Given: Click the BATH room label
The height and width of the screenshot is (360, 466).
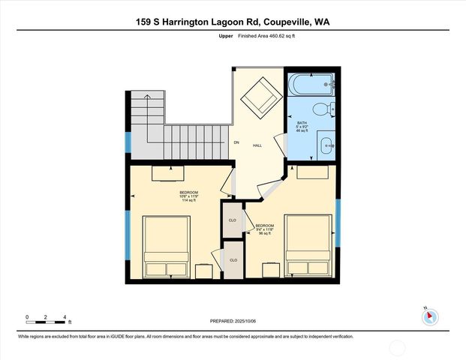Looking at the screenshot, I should [302, 127].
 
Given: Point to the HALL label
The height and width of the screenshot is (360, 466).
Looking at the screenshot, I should [257, 145].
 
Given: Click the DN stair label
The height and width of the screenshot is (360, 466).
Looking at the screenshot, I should [236, 142].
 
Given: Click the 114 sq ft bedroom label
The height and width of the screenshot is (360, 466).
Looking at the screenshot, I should [188, 196].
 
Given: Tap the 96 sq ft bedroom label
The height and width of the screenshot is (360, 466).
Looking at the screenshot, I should [265, 229].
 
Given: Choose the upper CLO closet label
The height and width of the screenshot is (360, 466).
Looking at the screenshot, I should [233, 220].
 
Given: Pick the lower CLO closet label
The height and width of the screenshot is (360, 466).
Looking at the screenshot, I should [233, 259].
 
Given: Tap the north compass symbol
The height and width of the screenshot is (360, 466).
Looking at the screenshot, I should [429, 316].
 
